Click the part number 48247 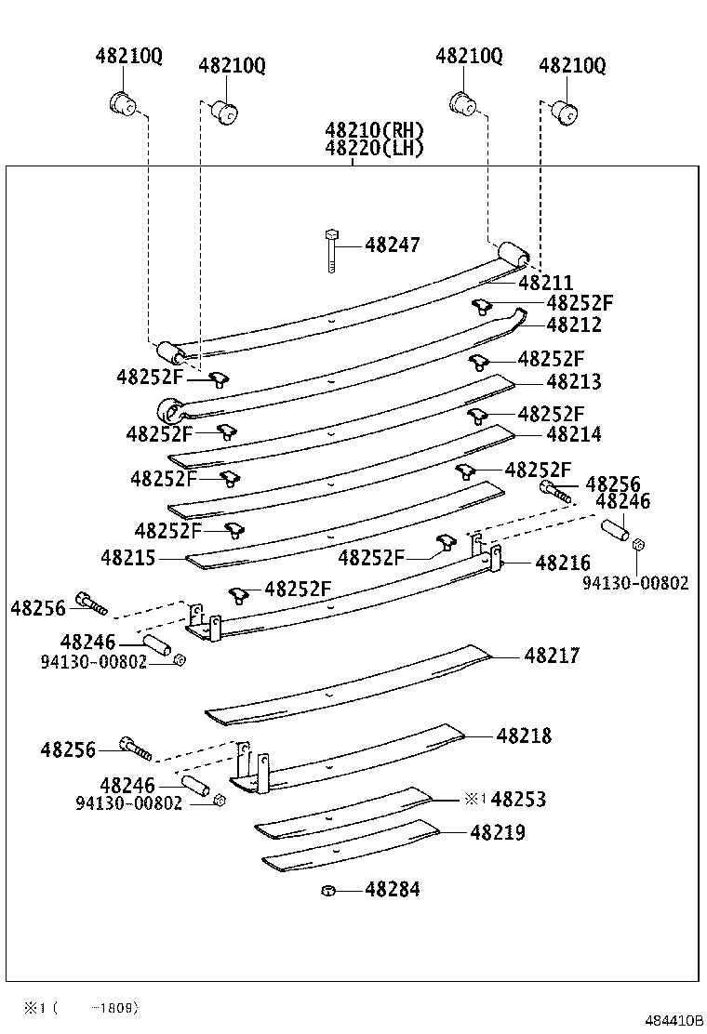[392, 245]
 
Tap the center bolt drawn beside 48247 [330, 249]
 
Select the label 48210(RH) [374, 130]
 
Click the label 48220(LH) [374, 148]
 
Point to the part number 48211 [546, 283]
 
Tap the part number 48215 [128, 558]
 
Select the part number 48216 [563, 563]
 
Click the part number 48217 [552, 656]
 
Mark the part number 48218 [524, 736]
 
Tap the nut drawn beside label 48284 [327, 891]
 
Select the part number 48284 [392, 890]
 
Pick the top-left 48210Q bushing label [128, 56]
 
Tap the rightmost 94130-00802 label [636, 583]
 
